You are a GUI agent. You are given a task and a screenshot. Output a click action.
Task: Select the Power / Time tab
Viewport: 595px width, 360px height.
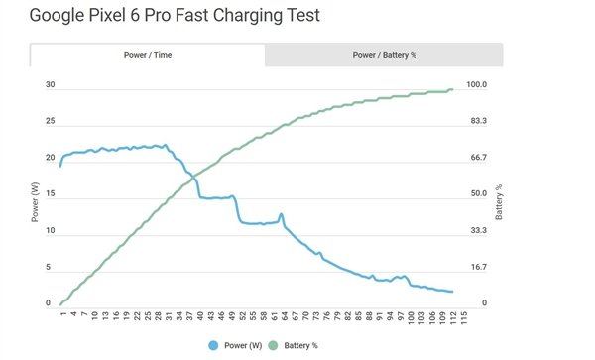coord(148,56)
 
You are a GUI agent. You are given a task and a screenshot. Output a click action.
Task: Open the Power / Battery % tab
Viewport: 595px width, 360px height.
coord(384,56)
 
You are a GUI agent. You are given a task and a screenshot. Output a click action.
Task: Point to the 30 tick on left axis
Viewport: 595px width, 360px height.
coord(50,85)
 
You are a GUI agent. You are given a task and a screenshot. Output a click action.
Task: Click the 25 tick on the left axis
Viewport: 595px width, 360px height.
coord(50,122)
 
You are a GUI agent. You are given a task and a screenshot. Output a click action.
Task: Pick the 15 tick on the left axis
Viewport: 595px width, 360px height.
coord(50,195)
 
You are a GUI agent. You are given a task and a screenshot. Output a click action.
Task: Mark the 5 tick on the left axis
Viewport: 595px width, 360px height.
coord(50,268)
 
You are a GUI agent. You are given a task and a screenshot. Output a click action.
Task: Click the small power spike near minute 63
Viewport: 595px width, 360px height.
coord(282,214)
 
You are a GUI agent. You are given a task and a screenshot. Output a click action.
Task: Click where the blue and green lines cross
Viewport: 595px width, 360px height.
coord(190,177)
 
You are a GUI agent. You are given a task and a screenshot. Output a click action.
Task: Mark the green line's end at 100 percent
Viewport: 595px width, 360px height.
coord(452,90)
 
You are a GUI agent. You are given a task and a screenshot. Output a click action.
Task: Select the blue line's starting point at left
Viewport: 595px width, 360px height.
coord(60,166)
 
